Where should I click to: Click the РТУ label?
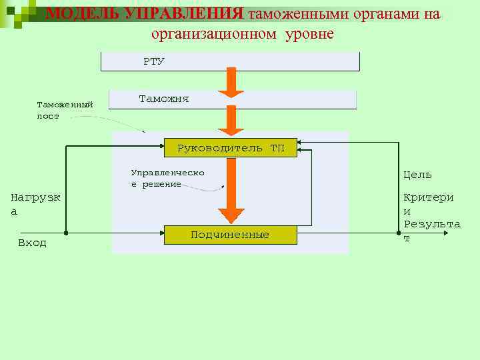click(x=153, y=61)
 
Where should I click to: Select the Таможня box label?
click(x=163, y=99)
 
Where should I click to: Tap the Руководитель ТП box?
click(x=231, y=147)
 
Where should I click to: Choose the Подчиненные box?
click(x=230, y=235)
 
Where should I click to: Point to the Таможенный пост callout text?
click(x=65, y=110)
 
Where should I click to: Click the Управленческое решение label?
click(x=167, y=178)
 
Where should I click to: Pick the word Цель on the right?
click(x=417, y=175)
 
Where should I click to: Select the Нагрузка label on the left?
click(x=36, y=203)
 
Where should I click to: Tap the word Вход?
click(x=32, y=243)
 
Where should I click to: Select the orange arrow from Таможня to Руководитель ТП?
click(x=231, y=120)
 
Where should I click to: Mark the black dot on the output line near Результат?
click(x=399, y=233)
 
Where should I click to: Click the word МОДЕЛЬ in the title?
click(x=83, y=14)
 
